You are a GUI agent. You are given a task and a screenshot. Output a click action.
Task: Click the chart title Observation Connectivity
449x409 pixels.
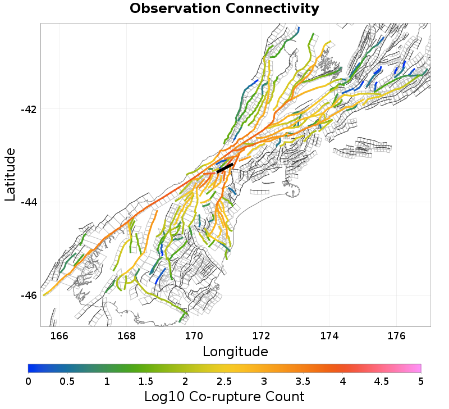point(224,9)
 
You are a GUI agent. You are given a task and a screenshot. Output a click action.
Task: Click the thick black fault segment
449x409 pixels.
point(224,168)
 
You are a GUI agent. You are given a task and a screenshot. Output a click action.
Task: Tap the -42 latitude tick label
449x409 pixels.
point(29,109)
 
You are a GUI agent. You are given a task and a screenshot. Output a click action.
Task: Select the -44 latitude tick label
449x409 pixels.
point(29,202)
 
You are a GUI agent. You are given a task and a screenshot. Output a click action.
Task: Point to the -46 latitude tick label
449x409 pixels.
point(29,296)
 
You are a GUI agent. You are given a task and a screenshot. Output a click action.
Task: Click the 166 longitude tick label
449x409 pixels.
point(59,336)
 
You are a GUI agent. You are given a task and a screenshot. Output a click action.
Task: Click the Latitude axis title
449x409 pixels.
point(10,174)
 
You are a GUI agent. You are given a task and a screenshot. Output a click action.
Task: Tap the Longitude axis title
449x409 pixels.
point(235,352)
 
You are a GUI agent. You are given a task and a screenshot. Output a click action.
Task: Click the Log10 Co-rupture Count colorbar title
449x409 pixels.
point(224,397)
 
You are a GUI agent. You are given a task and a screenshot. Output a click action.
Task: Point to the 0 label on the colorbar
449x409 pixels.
point(29,381)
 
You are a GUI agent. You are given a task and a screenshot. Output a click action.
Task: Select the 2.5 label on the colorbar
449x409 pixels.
point(224,381)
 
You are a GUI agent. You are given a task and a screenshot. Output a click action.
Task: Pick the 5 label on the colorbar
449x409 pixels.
point(420,381)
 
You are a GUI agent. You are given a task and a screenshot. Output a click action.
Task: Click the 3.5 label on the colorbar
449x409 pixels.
point(303,381)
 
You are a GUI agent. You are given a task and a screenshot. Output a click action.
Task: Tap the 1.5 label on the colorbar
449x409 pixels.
point(146,381)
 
